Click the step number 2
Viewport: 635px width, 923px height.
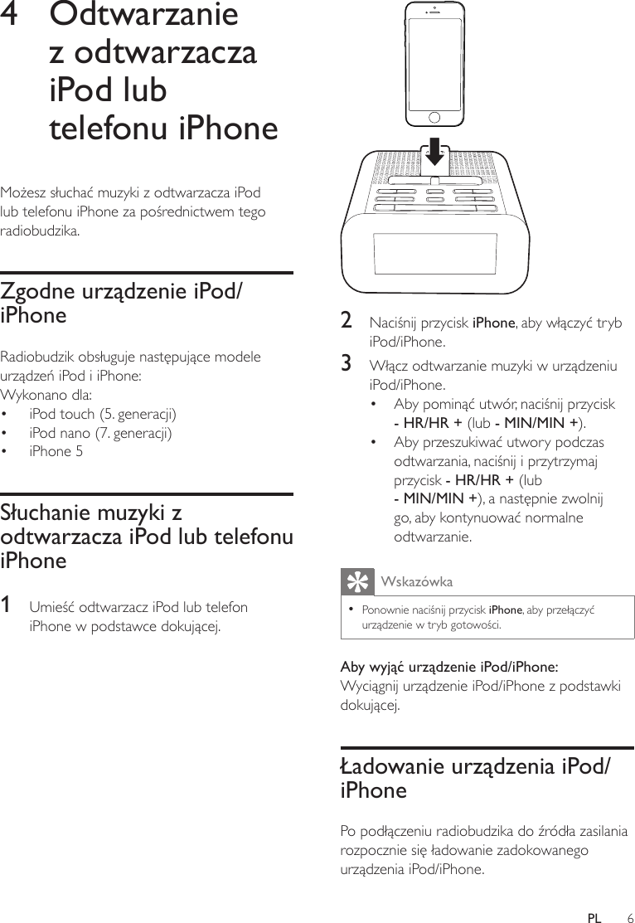(347, 321)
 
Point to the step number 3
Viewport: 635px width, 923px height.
(347, 363)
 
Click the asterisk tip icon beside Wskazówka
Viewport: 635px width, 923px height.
(357, 582)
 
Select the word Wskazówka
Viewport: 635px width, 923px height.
(415, 582)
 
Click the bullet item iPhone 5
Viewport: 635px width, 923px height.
(56, 452)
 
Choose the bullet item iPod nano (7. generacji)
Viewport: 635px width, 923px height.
(100, 432)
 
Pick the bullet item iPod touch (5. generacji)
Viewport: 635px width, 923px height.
(102, 413)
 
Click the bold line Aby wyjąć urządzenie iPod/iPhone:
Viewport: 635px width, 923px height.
(449, 667)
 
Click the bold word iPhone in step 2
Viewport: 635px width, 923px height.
(493, 322)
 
